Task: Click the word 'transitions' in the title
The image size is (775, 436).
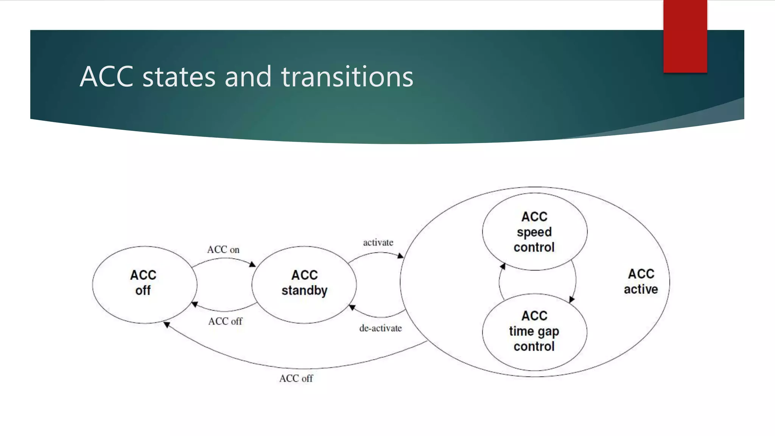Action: tap(347, 77)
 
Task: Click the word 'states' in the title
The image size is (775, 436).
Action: tap(179, 77)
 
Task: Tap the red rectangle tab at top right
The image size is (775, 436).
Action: tap(685, 36)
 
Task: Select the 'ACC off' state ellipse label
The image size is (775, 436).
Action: tap(143, 283)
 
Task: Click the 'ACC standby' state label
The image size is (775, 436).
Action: tap(304, 283)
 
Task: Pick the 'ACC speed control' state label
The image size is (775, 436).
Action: tap(534, 232)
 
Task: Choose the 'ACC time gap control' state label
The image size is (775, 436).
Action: tap(534, 331)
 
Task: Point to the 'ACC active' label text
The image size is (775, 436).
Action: tap(641, 282)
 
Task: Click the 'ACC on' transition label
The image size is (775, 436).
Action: tap(223, 250)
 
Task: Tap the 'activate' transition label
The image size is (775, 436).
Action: tap(378, 243)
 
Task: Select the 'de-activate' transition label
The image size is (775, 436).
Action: tap(380, 328)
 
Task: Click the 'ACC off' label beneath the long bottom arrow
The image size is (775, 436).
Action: tap(296, 378)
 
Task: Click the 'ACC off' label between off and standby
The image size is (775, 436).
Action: tap(225, 321)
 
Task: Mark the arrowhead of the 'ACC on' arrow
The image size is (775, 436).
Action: tap(252, 264)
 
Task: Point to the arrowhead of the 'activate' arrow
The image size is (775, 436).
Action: tap(400, 256)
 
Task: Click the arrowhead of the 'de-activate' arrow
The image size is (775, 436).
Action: tap(352, 307)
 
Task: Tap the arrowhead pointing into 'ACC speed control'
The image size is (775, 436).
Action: tap(503, 266)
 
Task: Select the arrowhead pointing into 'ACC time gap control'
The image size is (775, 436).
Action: tap(571, 299)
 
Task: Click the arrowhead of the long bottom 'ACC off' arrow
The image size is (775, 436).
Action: tap(167, 325)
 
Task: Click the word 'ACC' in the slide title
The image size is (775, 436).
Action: tap(107, 77)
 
